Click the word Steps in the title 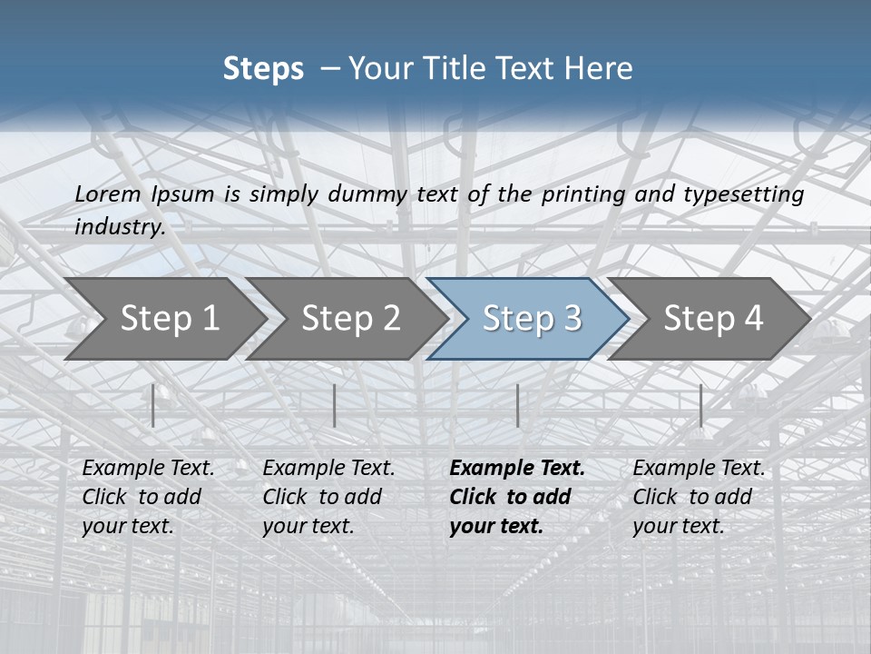[263, 69]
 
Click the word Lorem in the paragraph [108, 193]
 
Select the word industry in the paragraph [119, 226]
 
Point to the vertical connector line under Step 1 [153, 405]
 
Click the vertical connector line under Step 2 [335, 405]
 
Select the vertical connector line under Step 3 [517, 405]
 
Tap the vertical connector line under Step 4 [700, 405]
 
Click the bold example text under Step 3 [516, 497]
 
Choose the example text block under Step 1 [148, 497]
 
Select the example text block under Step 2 [328, 497]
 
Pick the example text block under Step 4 [699, 497]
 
